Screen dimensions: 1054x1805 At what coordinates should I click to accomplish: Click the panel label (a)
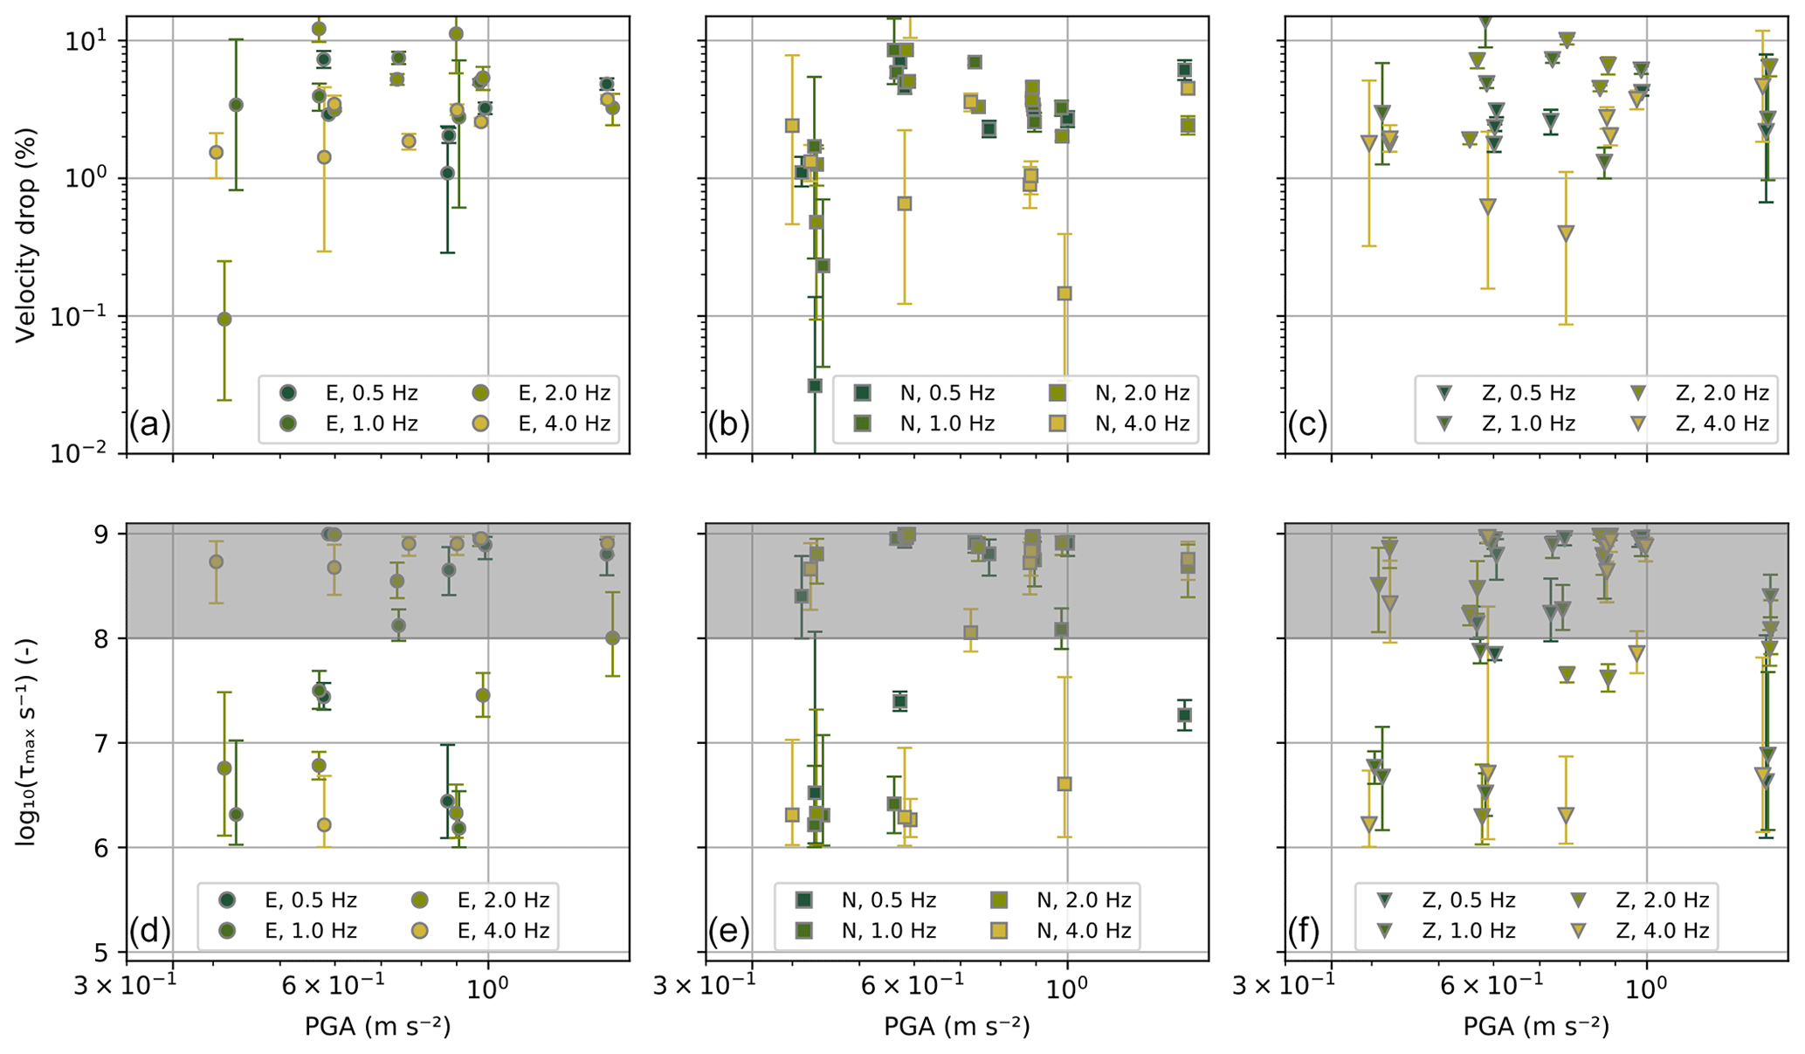pos(150,425)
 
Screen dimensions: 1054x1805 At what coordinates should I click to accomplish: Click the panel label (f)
pos(1307,932)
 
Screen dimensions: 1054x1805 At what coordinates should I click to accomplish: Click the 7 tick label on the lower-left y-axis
pos(109,743)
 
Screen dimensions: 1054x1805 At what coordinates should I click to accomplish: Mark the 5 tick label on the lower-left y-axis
pos(109,952)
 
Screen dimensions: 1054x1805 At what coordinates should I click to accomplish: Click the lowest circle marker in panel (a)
pos(224,319)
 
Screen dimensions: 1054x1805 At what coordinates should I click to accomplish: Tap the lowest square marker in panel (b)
pos(815,385)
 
